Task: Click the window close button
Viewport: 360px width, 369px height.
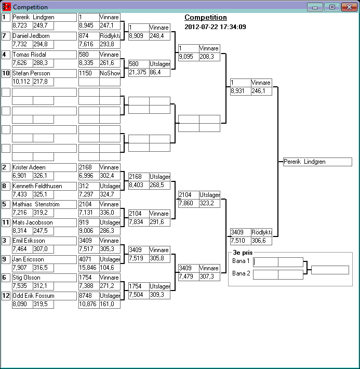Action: pyautogui.click(x=348, y=7)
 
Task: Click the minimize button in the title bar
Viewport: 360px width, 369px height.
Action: pyautogui.click(x=315, y=7)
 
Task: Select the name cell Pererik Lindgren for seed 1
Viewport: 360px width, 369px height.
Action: pyautogui.click(x=44, y=17)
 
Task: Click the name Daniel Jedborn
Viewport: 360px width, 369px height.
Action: pyautogui.click(x=44, y=36)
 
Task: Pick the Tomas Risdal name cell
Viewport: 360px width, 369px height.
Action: pyautogui.click(x=44, y=54)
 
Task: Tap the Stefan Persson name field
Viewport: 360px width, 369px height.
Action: pyautogui.click(x=44, y=73)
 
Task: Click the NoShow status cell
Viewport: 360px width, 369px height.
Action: pyautogui.click(x=110, y=73)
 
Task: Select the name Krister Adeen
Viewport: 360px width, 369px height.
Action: pyautogui.click(x=44, y=167)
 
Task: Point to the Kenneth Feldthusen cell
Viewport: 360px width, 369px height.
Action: pyautogui.click(x=44, y=186)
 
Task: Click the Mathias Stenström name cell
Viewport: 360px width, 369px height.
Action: pyautogui.click(x=44, y=204)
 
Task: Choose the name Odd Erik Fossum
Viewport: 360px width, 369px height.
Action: pyautogui.click(x=44, y=296)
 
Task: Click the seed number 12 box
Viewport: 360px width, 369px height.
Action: pyautogui.click(x=6, y=296)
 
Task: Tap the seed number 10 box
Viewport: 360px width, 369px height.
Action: pyautogui.click(x=6, y=73)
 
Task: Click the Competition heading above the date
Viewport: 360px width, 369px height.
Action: pyautogui.click(x=206, y=18)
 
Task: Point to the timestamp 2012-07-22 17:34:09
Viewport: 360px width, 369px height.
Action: pyautogui.click(x=215, y=27)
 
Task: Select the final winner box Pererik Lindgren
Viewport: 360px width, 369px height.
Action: pyautogui.click(x=317, y=162)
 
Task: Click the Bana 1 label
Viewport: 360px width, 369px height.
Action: pyautogui.click(x=241, y=261)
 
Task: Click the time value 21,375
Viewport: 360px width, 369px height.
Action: pyautogui.click(x=138, y=72)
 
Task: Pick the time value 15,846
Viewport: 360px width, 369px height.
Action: pyautogui.click(x=89, y=268)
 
